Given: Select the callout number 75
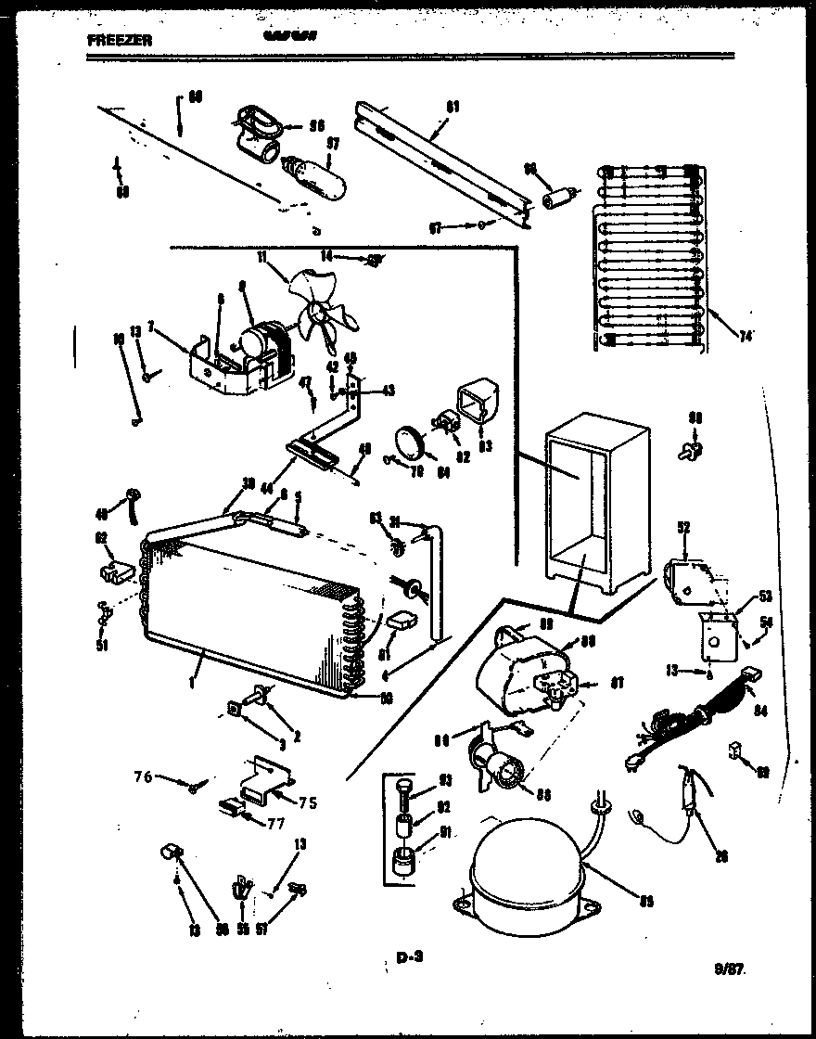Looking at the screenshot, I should [x=308, y=802].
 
